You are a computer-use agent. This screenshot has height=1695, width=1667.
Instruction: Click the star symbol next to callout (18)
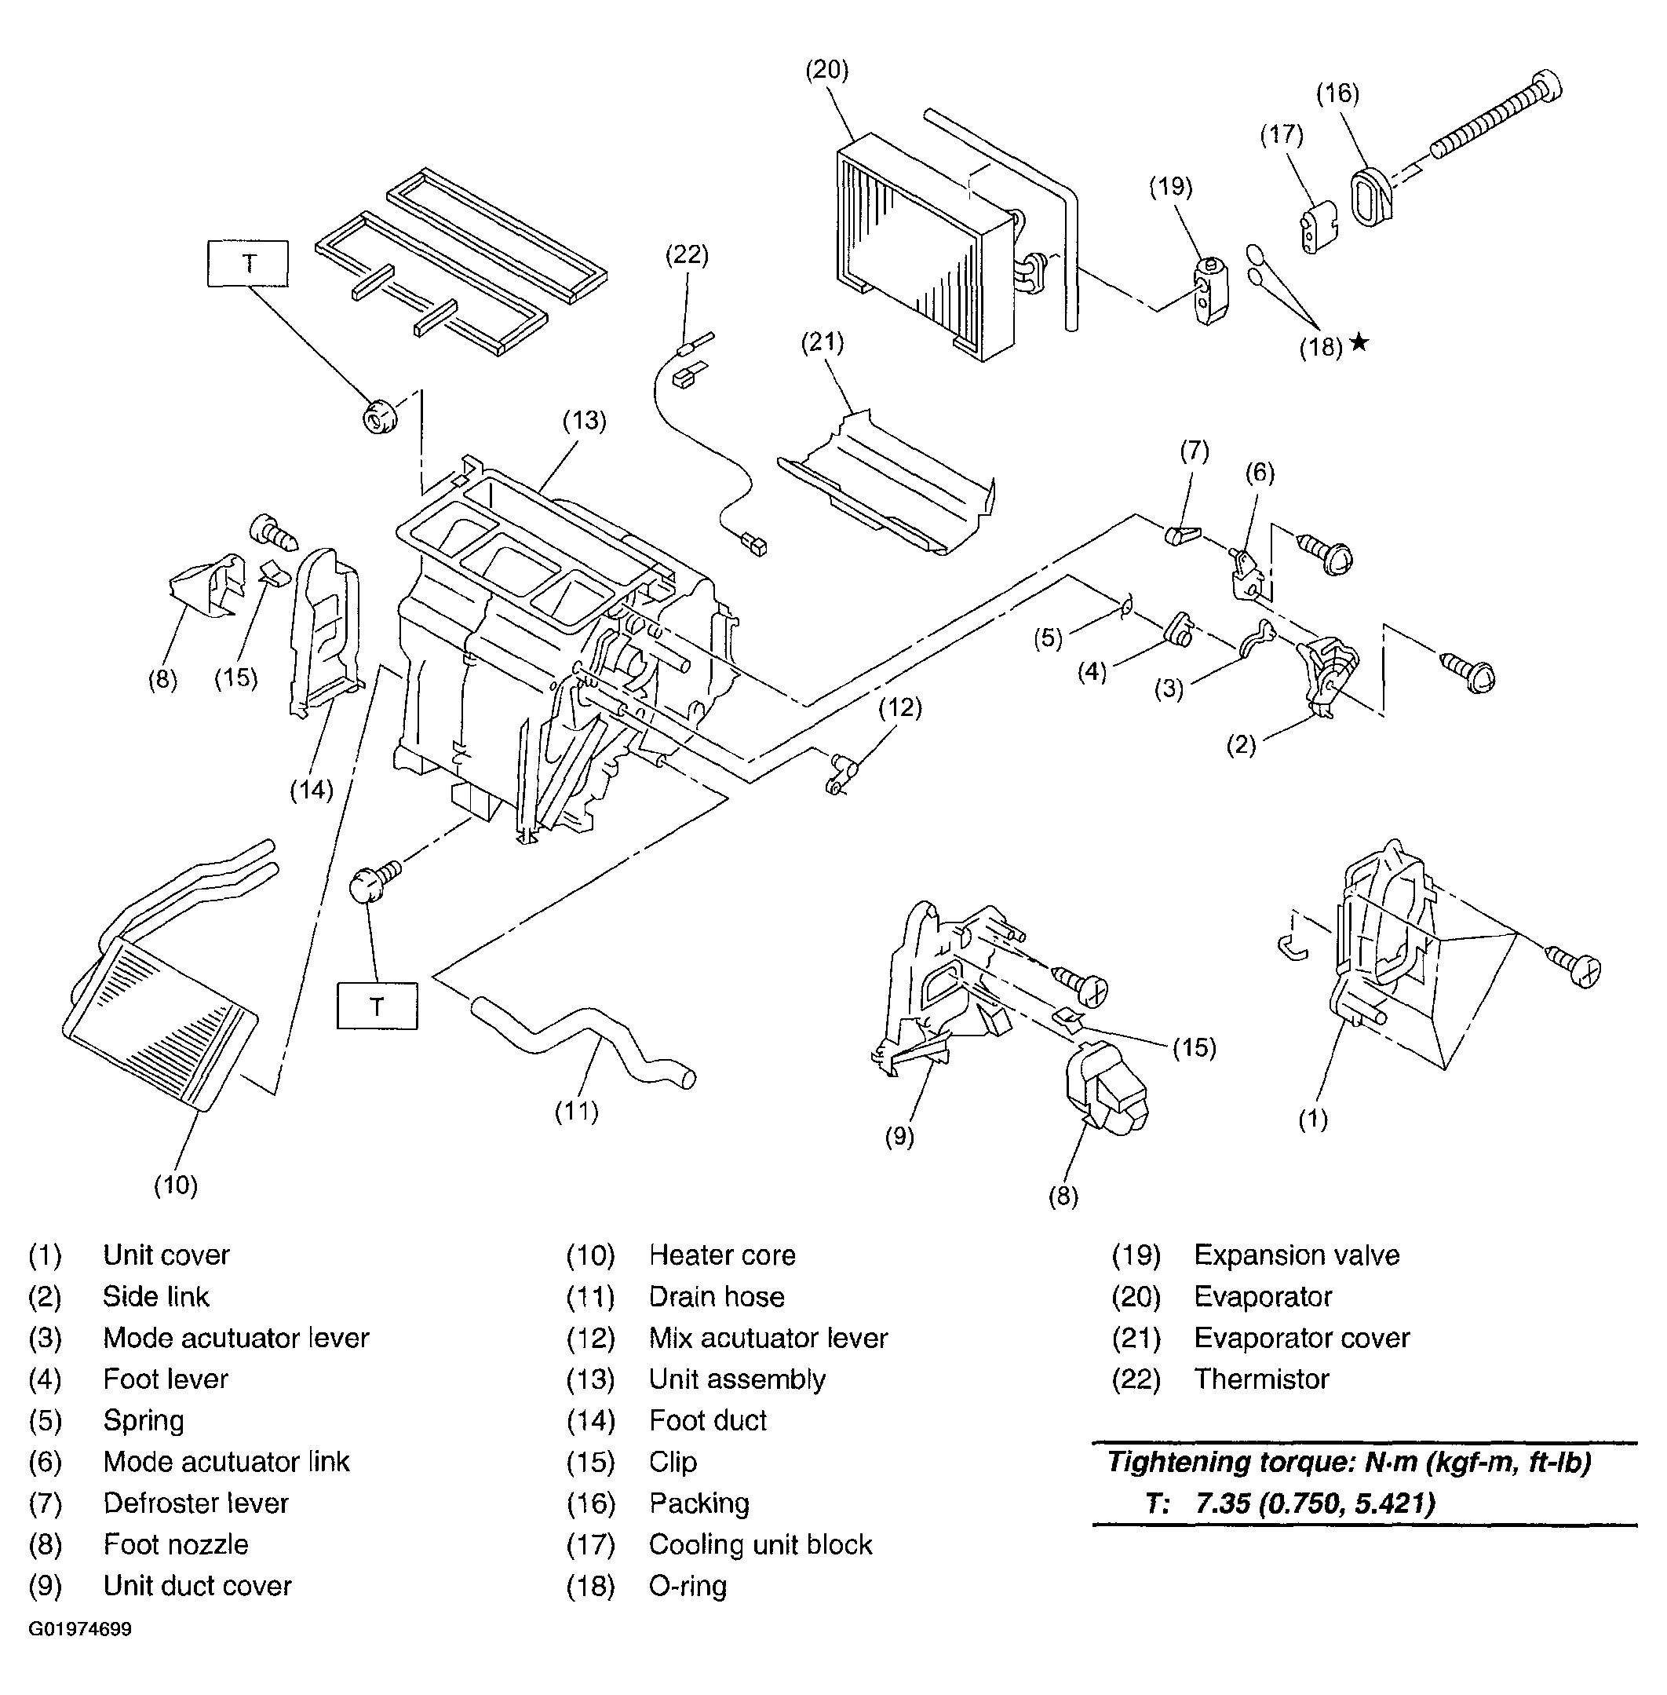click(1358, 342)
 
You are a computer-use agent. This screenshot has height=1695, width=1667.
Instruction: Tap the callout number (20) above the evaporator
click(827, 70)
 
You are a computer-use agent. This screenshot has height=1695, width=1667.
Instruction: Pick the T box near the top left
click(248, 263)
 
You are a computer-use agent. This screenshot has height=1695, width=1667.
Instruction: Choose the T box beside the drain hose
click(378, 1006)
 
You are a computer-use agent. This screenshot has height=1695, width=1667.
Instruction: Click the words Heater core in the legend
click(722, 1255)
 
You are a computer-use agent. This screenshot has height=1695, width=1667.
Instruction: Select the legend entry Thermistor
click(1262, 1379)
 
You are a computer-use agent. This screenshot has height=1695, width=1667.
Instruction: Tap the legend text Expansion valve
click(1297, 1255)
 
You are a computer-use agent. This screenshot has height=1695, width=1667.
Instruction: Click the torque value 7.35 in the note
click(1223, 1503)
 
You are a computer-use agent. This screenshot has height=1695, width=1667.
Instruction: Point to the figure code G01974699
click(80, 1629)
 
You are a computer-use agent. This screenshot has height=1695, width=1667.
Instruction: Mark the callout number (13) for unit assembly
click(585, 421)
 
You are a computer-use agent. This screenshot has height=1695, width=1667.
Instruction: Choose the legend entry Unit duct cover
click(197, 1586)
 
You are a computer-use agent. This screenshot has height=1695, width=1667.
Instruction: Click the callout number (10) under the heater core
click(176, 1185)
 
